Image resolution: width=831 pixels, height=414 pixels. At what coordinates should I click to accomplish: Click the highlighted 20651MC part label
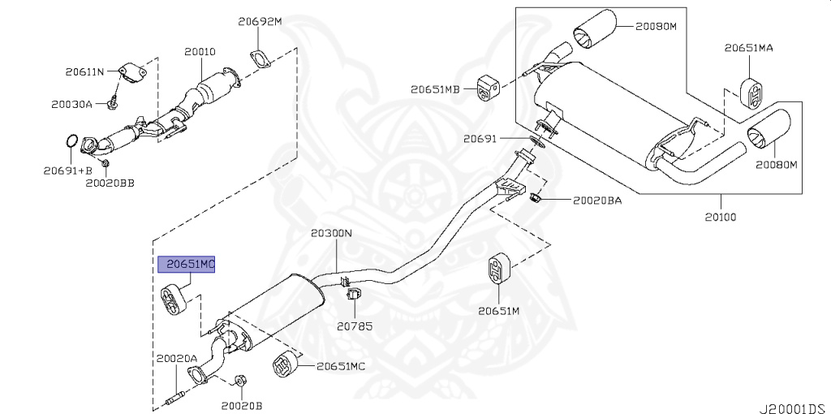[x=187, y=264]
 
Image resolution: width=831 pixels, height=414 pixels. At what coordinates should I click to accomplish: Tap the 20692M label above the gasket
[x=260, y=22]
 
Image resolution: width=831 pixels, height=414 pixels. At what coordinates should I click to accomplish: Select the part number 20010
[x=200, y=52]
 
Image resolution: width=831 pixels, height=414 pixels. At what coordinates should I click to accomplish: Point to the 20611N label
[x=84, y=71]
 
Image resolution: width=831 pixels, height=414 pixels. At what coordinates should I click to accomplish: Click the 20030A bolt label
[x=71, y=105]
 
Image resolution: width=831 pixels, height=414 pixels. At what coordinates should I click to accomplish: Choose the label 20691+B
[x=68, y=170]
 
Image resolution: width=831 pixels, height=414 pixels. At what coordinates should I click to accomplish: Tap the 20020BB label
[x=110, y=183]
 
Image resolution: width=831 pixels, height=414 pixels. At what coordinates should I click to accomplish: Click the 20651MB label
[x=435, y=89]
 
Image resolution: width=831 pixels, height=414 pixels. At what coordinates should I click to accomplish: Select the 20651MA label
[x=749, y=48]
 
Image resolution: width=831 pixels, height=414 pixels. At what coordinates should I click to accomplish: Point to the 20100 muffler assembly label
[x=721, y=217]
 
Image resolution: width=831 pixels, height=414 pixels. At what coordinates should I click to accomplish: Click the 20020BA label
[x=597, y=201]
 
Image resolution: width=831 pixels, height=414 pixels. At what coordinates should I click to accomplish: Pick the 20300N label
[x=331, y=233]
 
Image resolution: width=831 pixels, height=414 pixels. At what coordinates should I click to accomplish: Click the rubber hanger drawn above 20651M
[x=498, y=269]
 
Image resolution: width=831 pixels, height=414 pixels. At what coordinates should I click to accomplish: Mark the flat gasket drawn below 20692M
[x=259, y=58]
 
